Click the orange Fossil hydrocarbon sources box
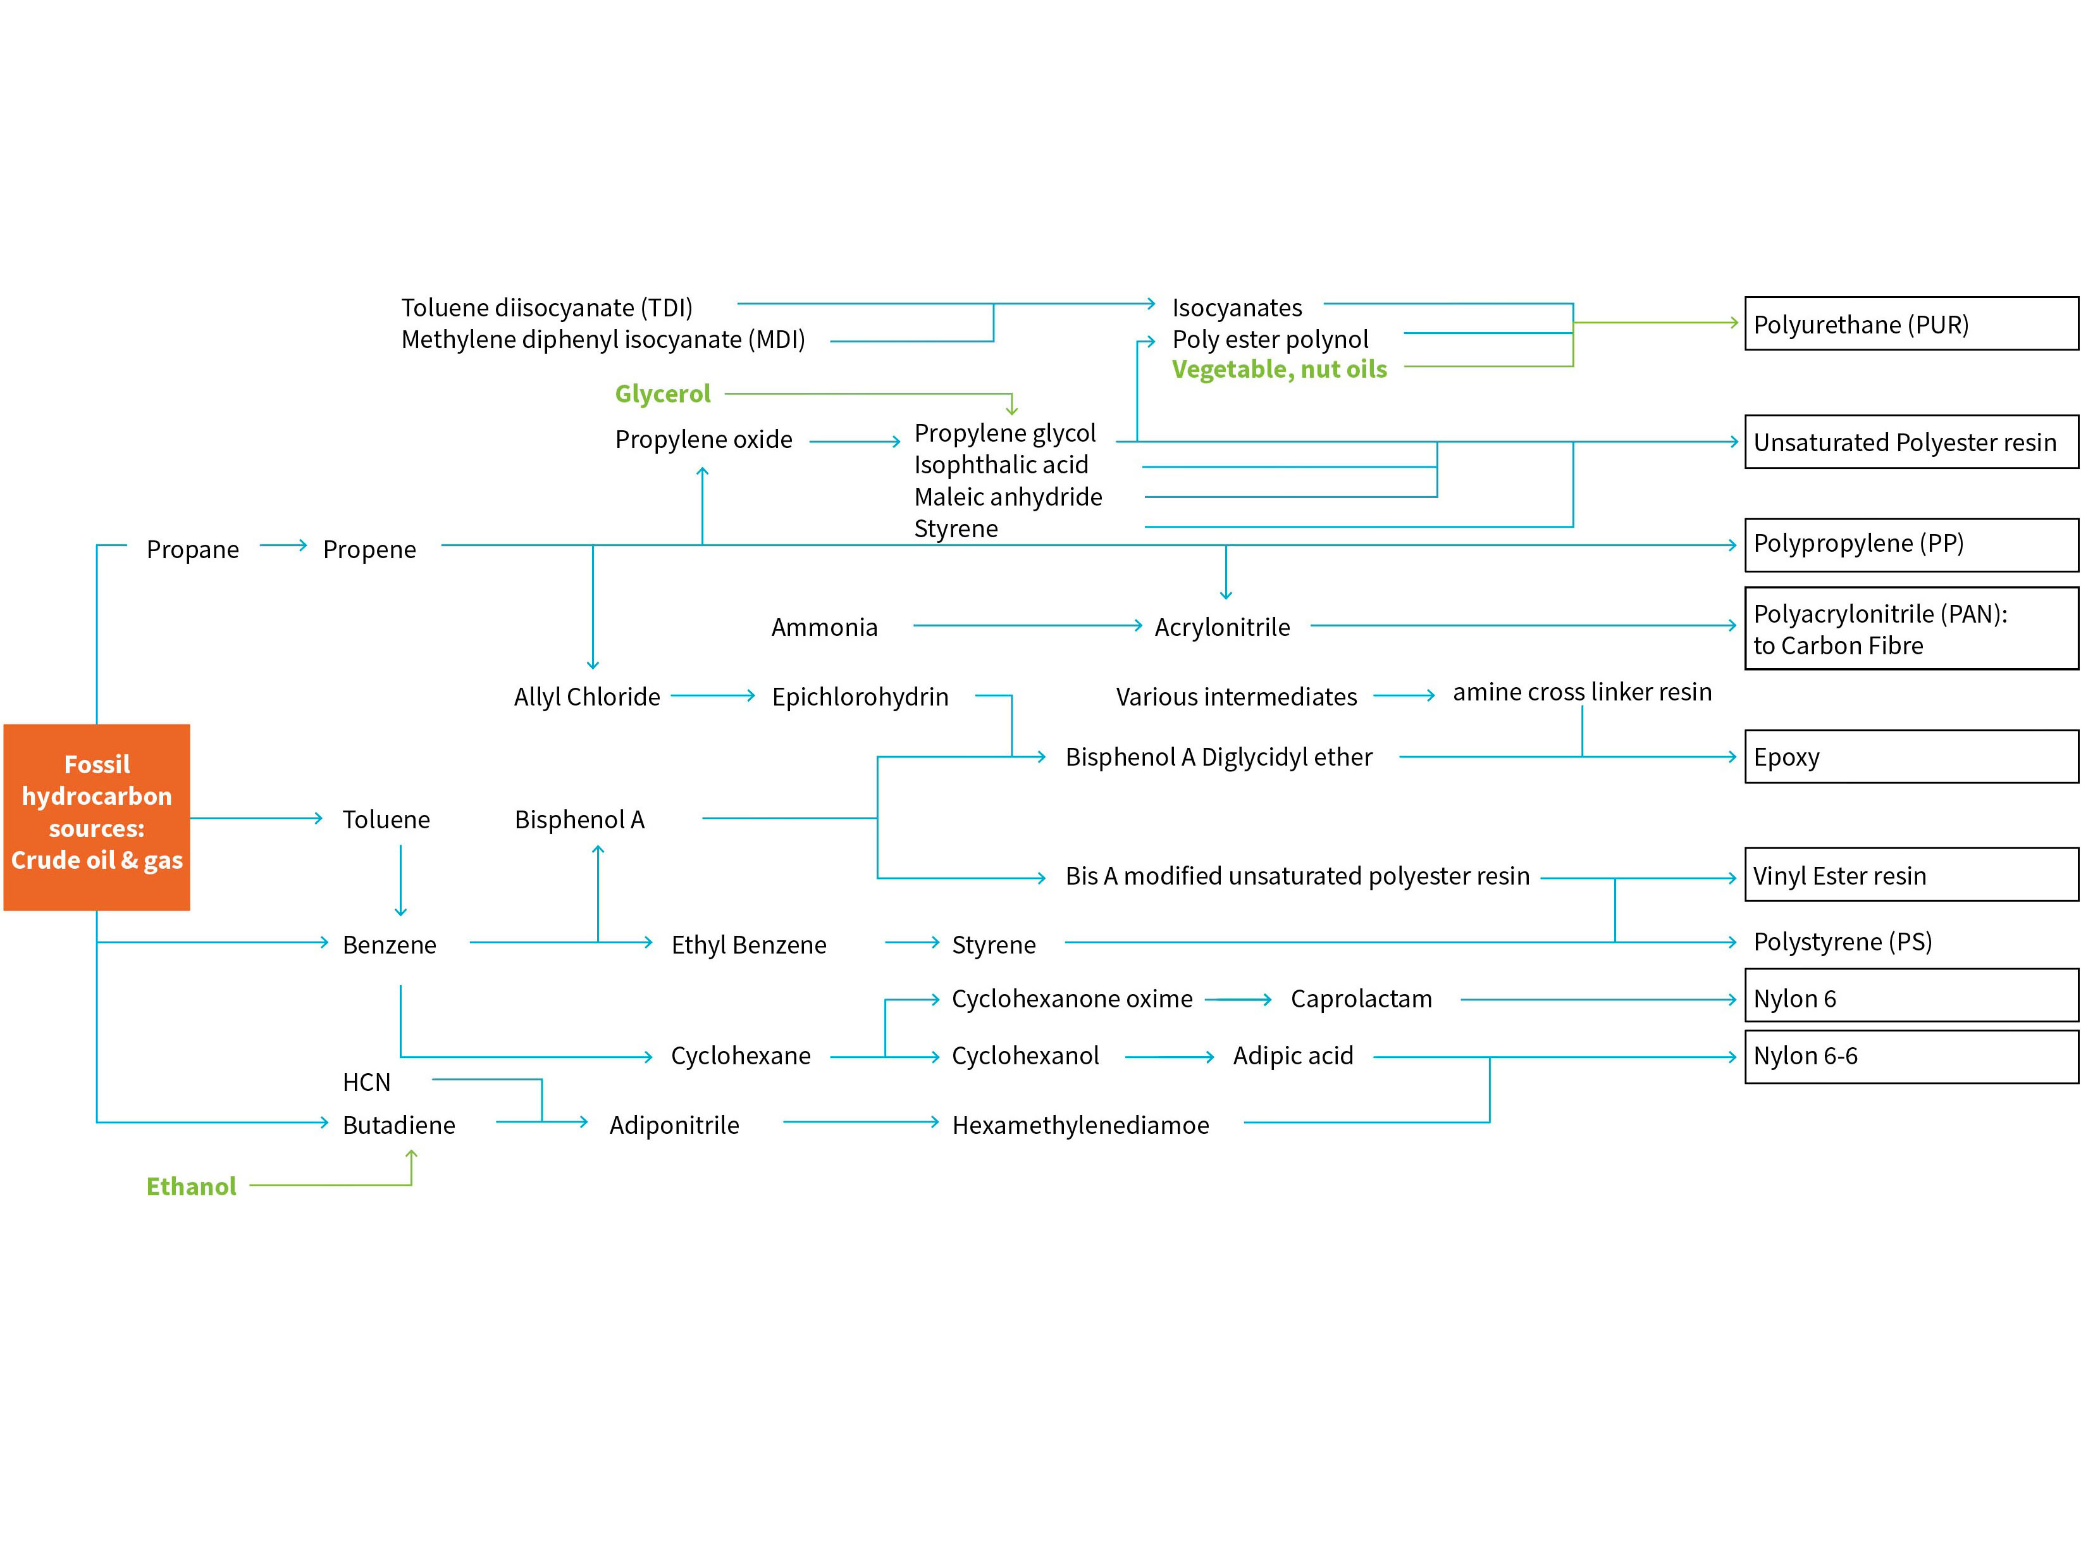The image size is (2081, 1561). (97, 817)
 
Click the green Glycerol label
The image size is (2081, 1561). (662, 394)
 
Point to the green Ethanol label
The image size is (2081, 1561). (191, 1186)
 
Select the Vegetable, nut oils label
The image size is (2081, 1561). (1278, 369)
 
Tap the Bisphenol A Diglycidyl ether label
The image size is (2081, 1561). (1218, 757)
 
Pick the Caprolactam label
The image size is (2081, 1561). (1361, 998)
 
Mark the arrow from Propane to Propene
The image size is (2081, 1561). (283, 545)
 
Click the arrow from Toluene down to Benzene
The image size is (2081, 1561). (401, 880)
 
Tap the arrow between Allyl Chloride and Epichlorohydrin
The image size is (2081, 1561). (713, 695)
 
